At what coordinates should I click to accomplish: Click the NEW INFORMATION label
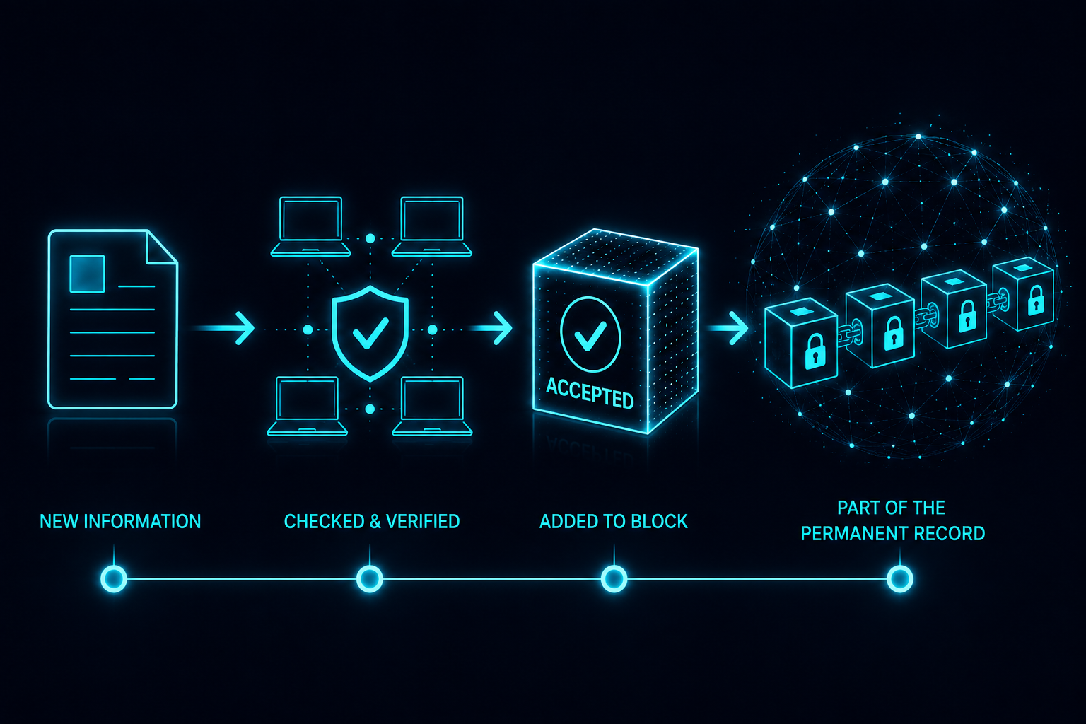pos(120,521)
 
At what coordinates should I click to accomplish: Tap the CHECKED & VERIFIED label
pos(372,521)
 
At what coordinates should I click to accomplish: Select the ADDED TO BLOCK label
pos(613,521)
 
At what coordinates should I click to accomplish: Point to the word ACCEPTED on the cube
pos(590,393)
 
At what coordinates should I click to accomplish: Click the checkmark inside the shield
pos(370,333)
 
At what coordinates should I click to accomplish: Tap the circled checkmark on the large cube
pos(590,334)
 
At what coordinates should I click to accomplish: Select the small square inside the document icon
pos(87,274)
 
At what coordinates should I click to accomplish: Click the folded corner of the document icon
pos(162,247)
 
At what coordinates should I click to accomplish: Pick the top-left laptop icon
pos(311,226)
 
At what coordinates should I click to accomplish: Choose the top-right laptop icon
pos(431,226)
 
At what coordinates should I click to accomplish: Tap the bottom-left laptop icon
pos(308,407)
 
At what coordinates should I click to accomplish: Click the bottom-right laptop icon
pos(432,407)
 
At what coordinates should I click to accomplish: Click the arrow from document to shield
pos(223,329)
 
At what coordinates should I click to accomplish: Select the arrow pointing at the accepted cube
pos(490,329)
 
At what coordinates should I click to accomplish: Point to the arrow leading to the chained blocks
pos(728,329)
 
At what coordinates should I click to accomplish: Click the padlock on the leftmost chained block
pos(815,351)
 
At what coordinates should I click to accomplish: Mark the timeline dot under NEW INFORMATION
pos(114,578)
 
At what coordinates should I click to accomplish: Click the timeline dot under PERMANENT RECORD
pos(900,578)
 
